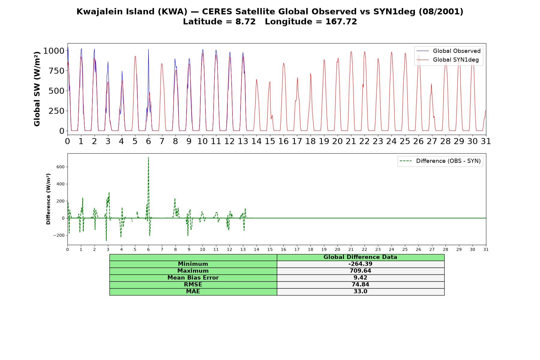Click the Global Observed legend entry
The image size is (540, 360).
(448, 51)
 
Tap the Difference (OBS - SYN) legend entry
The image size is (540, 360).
(440, 161)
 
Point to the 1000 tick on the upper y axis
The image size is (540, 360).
(54, 51)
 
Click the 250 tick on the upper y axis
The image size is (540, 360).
(57, 111)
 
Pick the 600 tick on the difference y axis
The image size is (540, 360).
(60, 167)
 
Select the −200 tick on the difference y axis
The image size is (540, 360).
(59, 235)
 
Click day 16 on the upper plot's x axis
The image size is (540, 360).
(283, 141)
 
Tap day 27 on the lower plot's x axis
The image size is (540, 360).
(432, 249)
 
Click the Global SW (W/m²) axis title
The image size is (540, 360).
(37, 89)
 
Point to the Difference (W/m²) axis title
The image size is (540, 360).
(48, 199)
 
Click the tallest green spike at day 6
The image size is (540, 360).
(148, 157)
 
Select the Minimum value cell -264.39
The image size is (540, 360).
(360, 264)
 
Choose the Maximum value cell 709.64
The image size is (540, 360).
(360, 271)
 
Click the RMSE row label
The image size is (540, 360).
(193, 285)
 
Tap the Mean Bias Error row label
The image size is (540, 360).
(193, 278)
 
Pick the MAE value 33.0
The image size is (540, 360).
(360, 292)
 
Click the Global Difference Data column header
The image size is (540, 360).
(360, 257)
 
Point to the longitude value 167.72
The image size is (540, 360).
(341, 22)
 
